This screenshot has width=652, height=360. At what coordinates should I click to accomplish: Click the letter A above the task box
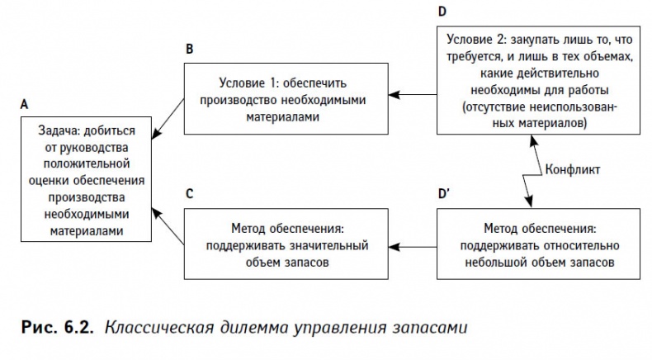tap(24, 104)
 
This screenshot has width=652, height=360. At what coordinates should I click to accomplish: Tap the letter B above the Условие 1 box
tap(190, 50)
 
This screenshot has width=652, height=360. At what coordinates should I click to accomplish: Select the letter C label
tap(190, 195)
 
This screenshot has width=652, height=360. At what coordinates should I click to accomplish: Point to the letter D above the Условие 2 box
tap(442, 12)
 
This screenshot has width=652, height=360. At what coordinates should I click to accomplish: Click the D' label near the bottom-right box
tap(443, 195)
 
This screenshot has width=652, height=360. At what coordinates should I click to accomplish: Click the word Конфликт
tap(572, 169)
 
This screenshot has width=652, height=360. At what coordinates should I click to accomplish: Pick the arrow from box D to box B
tap(413, 94)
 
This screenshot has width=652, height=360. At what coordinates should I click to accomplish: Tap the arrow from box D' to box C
tap(413, 245)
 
